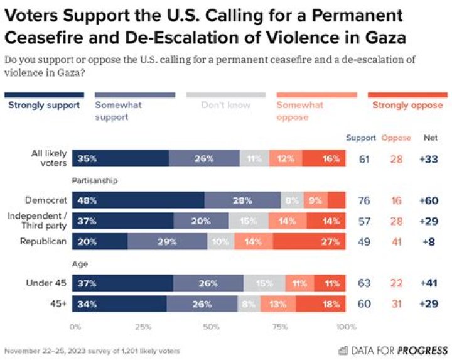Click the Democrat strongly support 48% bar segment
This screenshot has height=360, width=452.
(138, 201)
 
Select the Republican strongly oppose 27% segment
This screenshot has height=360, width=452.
(309, 242)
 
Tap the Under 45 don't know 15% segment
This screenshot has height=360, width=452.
(264, 284)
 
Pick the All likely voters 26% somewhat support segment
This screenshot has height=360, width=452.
(204, 159)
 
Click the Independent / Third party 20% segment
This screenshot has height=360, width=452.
(201, 221)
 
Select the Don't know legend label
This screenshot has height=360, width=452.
(226, 105)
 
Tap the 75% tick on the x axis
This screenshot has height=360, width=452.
(280, 327)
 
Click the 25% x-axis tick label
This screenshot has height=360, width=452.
(143, 327)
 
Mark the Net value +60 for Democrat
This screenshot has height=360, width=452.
(429, 201)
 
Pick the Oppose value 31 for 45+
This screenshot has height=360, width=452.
(396, 304)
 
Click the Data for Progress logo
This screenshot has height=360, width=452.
(393, 350)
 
